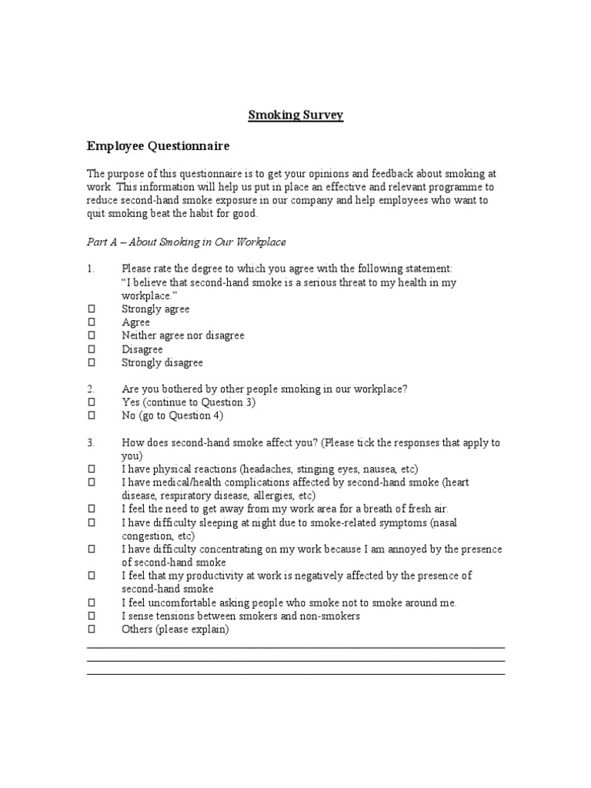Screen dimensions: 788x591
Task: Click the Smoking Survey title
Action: tap(295, 115)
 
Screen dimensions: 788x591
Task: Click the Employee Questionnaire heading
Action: tap(158, 145)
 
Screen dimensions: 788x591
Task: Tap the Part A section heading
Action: tap(185, 242)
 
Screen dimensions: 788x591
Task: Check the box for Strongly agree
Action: tap(91, 309)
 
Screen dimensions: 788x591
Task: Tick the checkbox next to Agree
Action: tap(91, 322)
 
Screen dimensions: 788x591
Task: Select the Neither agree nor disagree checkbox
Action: tap(91, 336)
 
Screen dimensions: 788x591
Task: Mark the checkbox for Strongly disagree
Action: tap(91, 362)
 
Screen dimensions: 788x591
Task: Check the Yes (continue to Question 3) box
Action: tap(91, 402)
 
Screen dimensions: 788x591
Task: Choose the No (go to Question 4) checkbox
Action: tap(91, 416)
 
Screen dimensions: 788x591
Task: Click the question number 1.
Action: tap(91, 269)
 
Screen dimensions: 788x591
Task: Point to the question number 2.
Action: tap(91, 389)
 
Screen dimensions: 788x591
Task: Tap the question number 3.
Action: tap(91, 443)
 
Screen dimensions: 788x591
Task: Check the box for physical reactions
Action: tap(91, 469)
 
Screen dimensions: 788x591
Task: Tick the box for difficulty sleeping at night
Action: tap(91, 523)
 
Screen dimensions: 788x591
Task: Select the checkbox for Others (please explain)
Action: tap(91, 629)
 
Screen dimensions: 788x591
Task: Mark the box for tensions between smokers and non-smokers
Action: tap(91, 616)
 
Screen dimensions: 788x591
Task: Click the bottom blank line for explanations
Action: tap(295, 674)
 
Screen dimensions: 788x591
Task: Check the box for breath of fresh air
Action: tap(91, 509)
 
